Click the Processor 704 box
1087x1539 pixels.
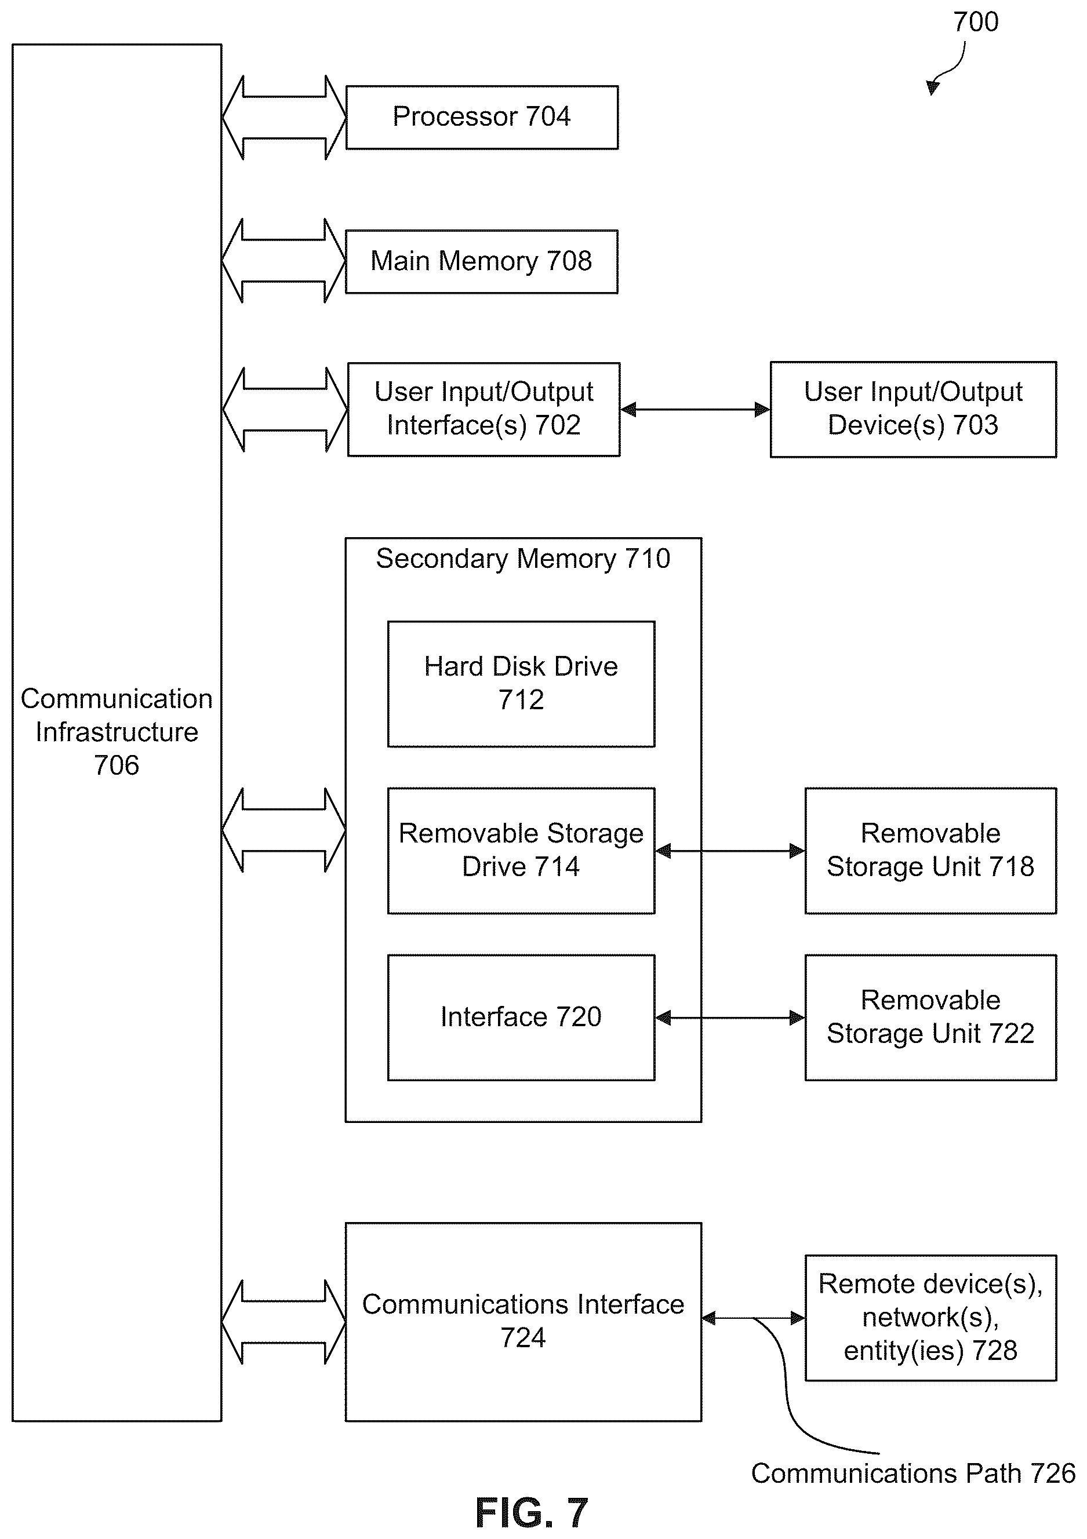tap(482, 117)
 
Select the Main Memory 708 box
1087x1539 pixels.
tap(482, 261)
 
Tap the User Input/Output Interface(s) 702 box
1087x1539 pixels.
tap(483, 410)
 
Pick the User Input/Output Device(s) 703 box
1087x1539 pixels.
tap(913, 410)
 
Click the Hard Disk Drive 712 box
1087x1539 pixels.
tap(521, 684)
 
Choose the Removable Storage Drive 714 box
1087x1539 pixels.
tap(521, 851)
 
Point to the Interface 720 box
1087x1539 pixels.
tap(521, 1018)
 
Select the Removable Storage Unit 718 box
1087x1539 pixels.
tap(930, 851)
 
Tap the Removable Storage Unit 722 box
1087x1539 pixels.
tap(930, 1018)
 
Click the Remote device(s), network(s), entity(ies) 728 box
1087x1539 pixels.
tap(930, 1318)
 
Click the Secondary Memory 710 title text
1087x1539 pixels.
tap(523, 559)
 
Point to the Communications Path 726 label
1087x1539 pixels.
tap(913, 1474)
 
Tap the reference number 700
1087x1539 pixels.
tap(976, 22)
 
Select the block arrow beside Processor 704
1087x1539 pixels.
tap(284, 117)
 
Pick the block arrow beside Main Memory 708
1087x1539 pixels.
tap(283, 261)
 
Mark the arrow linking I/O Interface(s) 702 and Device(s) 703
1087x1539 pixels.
tap(695, 409)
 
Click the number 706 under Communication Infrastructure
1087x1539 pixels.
tap(117, 765)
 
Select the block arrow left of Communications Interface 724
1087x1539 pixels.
tap(283, 1322)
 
